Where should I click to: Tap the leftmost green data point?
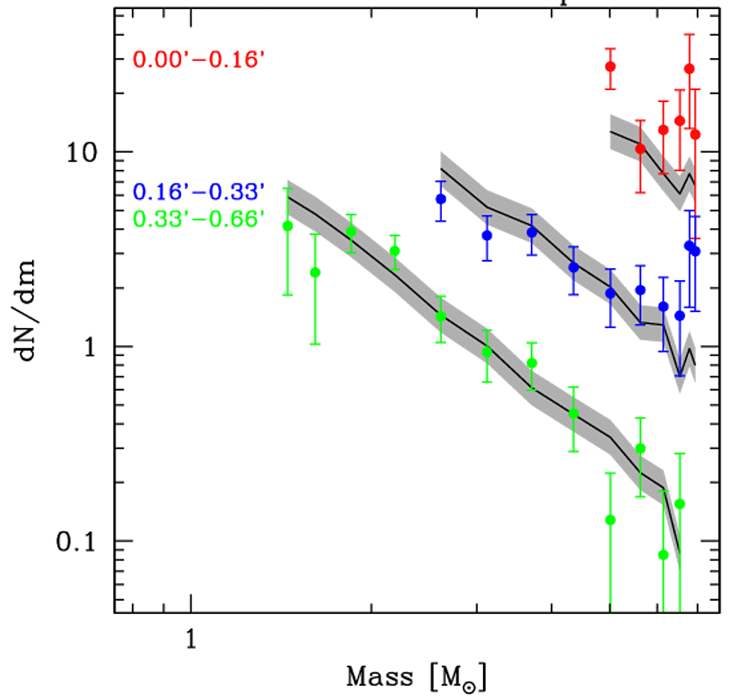click(x=288, y=226)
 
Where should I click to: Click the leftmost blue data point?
click(x=441, y=199)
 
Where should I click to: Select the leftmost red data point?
click(x=610, y=66)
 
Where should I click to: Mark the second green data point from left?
click(x=315, y=273)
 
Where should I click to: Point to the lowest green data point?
click(x=663, y=554)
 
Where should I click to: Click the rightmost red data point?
click(x=695, y=134)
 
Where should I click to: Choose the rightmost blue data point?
click(x=695, y=251)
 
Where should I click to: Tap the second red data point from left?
click(x=640, y=149)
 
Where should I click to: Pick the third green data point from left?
click(x=351, y=232)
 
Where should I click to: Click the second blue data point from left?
click(x=487, y=235)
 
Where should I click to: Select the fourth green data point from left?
click(x=395, y=251)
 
